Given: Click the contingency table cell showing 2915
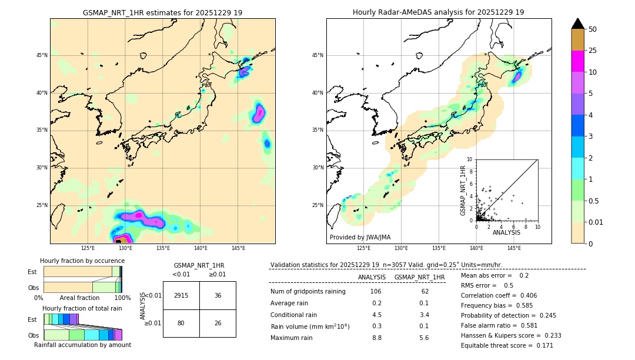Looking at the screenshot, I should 181,295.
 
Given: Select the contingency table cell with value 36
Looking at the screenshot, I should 218,295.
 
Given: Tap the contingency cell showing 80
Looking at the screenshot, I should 181,323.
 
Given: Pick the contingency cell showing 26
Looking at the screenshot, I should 218,323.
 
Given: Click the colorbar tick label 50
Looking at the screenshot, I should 593,29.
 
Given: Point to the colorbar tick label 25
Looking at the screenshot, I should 593,51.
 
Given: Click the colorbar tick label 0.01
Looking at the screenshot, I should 595,222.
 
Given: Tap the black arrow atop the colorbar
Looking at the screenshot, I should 578,24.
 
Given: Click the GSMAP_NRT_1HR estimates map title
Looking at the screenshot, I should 162,12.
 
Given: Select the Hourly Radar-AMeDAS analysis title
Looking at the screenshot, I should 439,12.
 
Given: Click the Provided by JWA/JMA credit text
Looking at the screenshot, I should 360,237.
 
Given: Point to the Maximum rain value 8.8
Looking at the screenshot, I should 376,338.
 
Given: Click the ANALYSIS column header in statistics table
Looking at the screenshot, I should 372,277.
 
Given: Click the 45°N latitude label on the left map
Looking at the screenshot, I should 42,55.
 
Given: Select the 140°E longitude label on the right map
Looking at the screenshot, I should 476,248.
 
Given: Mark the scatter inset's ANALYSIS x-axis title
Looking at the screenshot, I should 506,232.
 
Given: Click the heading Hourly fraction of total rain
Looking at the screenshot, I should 82,308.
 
